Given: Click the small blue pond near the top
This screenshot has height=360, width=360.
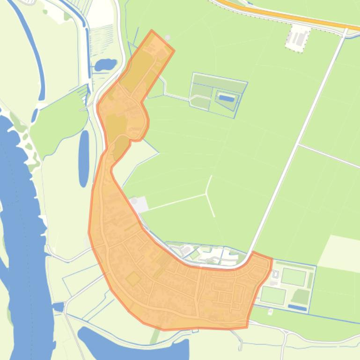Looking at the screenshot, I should [105, 64].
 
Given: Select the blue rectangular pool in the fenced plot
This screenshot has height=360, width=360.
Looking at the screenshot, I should [226, 98].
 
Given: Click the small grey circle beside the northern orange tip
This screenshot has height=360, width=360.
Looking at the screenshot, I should [168, 38].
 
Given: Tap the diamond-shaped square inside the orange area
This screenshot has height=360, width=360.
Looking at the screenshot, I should [133, 279].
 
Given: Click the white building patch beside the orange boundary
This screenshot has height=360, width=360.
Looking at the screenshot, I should [140, 204].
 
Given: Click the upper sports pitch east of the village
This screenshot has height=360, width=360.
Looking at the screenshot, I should [294, 277].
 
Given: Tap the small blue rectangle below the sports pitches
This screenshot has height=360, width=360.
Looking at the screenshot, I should [297, 308].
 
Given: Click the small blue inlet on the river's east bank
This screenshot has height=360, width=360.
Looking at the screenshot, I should [58, 307].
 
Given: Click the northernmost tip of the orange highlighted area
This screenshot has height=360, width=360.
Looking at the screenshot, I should [152, 31].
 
